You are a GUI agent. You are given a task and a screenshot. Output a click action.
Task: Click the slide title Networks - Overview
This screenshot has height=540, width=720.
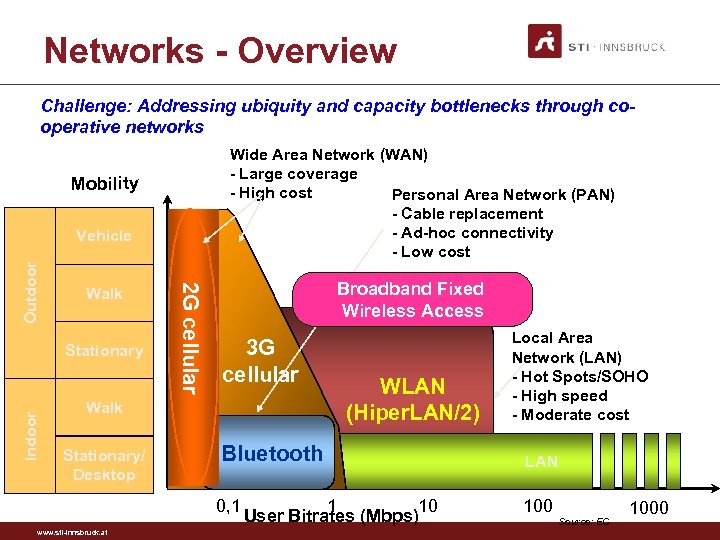pos(220,50)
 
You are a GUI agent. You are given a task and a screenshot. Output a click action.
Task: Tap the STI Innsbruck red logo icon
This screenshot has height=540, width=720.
pos(546,41)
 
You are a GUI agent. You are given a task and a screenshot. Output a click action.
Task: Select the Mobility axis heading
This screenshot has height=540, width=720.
pos(104,183)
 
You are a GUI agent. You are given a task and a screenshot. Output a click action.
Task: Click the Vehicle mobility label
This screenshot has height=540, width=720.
pos(104,236)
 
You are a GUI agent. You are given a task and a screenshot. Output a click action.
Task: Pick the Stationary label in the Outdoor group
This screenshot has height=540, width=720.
pos(104,351)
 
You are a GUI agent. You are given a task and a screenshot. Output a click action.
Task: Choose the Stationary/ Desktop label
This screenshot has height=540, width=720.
pos(104,465)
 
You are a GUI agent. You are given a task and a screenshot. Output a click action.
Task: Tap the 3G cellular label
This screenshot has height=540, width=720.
pos(260,361)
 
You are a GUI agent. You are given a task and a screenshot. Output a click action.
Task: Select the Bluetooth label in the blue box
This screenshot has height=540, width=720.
pos(272,454)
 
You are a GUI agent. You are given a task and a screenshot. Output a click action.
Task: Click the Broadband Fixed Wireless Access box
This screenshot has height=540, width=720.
pos(410,299)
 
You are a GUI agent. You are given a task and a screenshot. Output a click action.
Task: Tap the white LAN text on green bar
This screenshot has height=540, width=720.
pos(542,461)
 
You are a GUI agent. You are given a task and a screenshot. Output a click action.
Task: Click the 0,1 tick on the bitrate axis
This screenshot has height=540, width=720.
pos(228,496)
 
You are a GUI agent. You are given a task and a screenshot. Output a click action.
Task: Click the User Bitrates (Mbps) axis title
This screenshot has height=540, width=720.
pos(330,516)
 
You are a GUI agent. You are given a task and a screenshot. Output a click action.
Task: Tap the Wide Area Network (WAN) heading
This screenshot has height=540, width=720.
pos(329,155)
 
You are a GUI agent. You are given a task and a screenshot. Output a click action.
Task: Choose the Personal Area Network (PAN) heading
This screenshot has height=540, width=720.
pos(503,195)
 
